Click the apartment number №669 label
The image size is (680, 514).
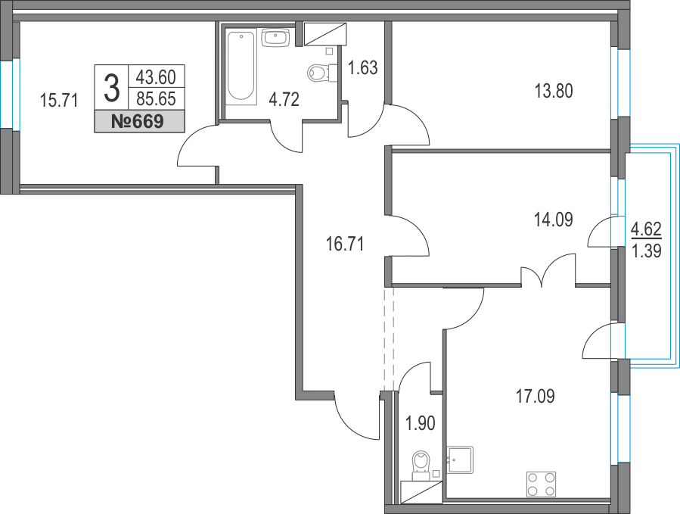point(138,121)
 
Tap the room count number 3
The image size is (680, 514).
point(112,88)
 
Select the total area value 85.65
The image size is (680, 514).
point(156,99)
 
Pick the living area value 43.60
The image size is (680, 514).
point(156,77)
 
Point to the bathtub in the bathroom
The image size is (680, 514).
point(241,66)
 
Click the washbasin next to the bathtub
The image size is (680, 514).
point(275,37)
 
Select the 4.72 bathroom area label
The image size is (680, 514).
point(284,100)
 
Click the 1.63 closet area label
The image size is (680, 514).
point(363,67)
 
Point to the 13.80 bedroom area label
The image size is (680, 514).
point(554,92)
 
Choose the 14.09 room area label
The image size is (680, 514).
point(554,220)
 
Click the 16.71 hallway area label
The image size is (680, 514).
point(345,244)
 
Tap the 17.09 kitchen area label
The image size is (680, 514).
point(536,397)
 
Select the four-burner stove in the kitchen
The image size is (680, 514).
point(542,484)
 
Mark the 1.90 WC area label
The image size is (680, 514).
point(420,423)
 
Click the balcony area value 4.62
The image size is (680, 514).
point(646,229)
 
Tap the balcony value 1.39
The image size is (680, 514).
point(646,251)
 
